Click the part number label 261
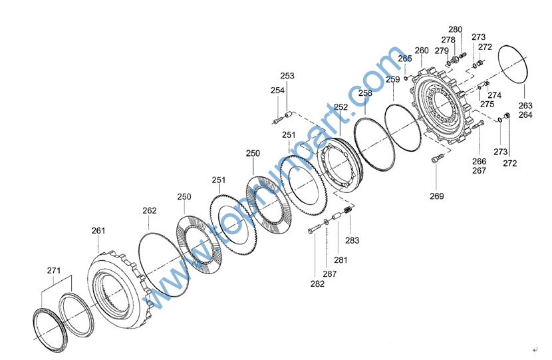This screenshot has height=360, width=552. click(98, 231)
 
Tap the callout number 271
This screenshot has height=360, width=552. click(53, 270)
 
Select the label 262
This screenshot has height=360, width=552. click(150, 211)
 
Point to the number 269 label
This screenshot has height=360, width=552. click(436, 196)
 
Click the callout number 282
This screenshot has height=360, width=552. click(317, 283)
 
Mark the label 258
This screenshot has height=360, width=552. click(365, 94)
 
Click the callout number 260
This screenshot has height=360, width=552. click(422, 51)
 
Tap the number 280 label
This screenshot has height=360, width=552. click(455, 29)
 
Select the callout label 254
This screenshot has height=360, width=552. click(277, 90)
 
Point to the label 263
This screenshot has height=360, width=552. click(525, 106)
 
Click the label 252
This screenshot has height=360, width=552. click(341, 107)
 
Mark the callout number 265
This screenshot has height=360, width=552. click(405, 59)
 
